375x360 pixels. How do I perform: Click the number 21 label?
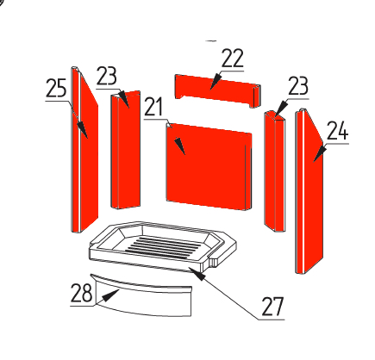coord(153,107)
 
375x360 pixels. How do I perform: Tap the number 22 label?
coord(233,59)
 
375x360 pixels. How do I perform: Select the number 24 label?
coord(338,131)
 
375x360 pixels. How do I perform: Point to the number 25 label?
coord(56,88)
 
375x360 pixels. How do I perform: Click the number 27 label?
coord(272,307)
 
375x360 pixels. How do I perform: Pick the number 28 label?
coord(82,293)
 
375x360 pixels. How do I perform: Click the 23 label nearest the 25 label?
coord(107,76)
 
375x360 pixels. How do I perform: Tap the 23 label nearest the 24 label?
coord(298,85)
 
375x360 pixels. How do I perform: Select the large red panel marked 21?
coord(209,166)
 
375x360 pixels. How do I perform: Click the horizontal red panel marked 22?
coord(217,90)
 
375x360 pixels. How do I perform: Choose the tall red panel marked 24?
coord(309,191)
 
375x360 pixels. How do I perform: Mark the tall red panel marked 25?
coord(84,149)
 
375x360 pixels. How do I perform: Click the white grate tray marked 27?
coord(162,246)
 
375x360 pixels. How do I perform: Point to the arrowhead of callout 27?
coord(199,276)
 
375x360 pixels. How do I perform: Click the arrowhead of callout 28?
coord(110,295)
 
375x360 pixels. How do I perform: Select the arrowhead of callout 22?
coord(215,81)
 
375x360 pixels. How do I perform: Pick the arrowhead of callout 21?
coord(180,146)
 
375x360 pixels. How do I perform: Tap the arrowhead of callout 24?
coord(320,154)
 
